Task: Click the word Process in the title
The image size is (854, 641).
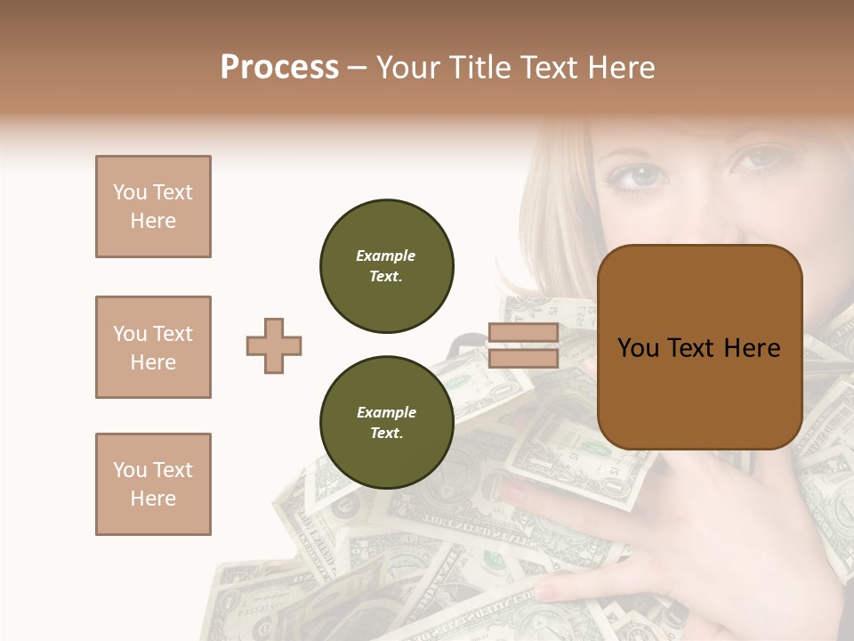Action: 279,68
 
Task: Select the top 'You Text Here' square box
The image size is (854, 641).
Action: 153,207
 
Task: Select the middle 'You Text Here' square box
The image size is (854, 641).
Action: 153,347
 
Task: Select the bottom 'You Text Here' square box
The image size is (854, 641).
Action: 153,484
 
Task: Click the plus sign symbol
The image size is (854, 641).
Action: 274,345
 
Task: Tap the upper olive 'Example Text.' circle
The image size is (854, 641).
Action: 387,266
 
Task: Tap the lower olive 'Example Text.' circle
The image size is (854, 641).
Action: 387,423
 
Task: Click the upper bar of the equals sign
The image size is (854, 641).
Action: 523,334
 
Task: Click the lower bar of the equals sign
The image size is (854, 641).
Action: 523,358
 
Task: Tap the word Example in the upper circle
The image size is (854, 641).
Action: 386,256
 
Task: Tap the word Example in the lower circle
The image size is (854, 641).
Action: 386,413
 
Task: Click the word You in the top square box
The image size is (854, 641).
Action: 130,192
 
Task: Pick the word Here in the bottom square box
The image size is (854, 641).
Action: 153,499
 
